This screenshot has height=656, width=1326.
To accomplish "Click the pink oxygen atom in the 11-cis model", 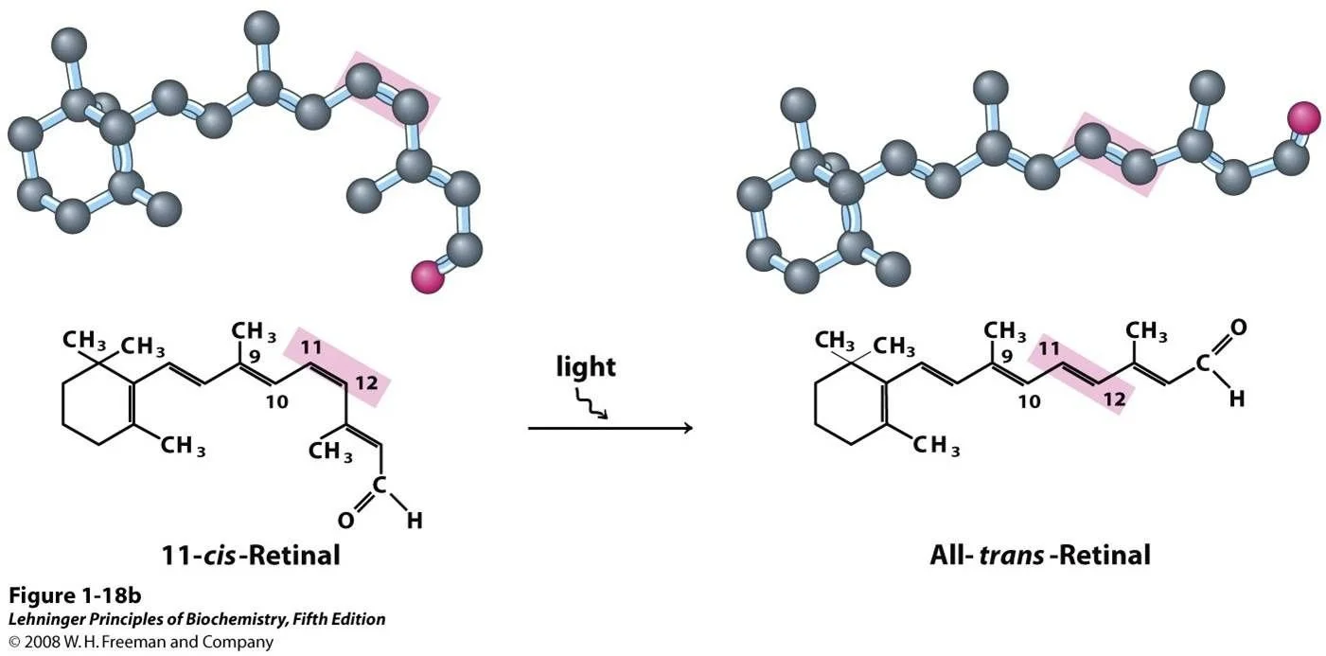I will pyautogui.click(x=428, y=277).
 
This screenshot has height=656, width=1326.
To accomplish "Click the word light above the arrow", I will pyautogui.click(x=587, y=366).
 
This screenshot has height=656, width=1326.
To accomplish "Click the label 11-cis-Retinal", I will pyautogui.click(x=251, y=555).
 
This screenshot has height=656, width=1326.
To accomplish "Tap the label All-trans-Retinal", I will pyautogui.click(x=1040, y=555).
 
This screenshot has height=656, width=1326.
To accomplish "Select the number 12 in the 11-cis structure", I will pyautogui.click(x=368, y=384).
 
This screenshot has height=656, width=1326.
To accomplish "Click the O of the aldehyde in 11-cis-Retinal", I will pyautogui.click(x=346, y=520).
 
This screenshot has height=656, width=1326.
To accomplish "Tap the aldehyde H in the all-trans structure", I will pyautogui.click(x=1236, y=399).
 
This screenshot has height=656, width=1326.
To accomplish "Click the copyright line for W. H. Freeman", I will pyautogui.click(x=141, y=642).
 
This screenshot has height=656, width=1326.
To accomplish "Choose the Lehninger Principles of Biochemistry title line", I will pyautogui.click(x=197, y=620).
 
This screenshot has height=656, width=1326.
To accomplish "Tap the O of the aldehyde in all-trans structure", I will pyautogui.click(x=1238, y=328).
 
